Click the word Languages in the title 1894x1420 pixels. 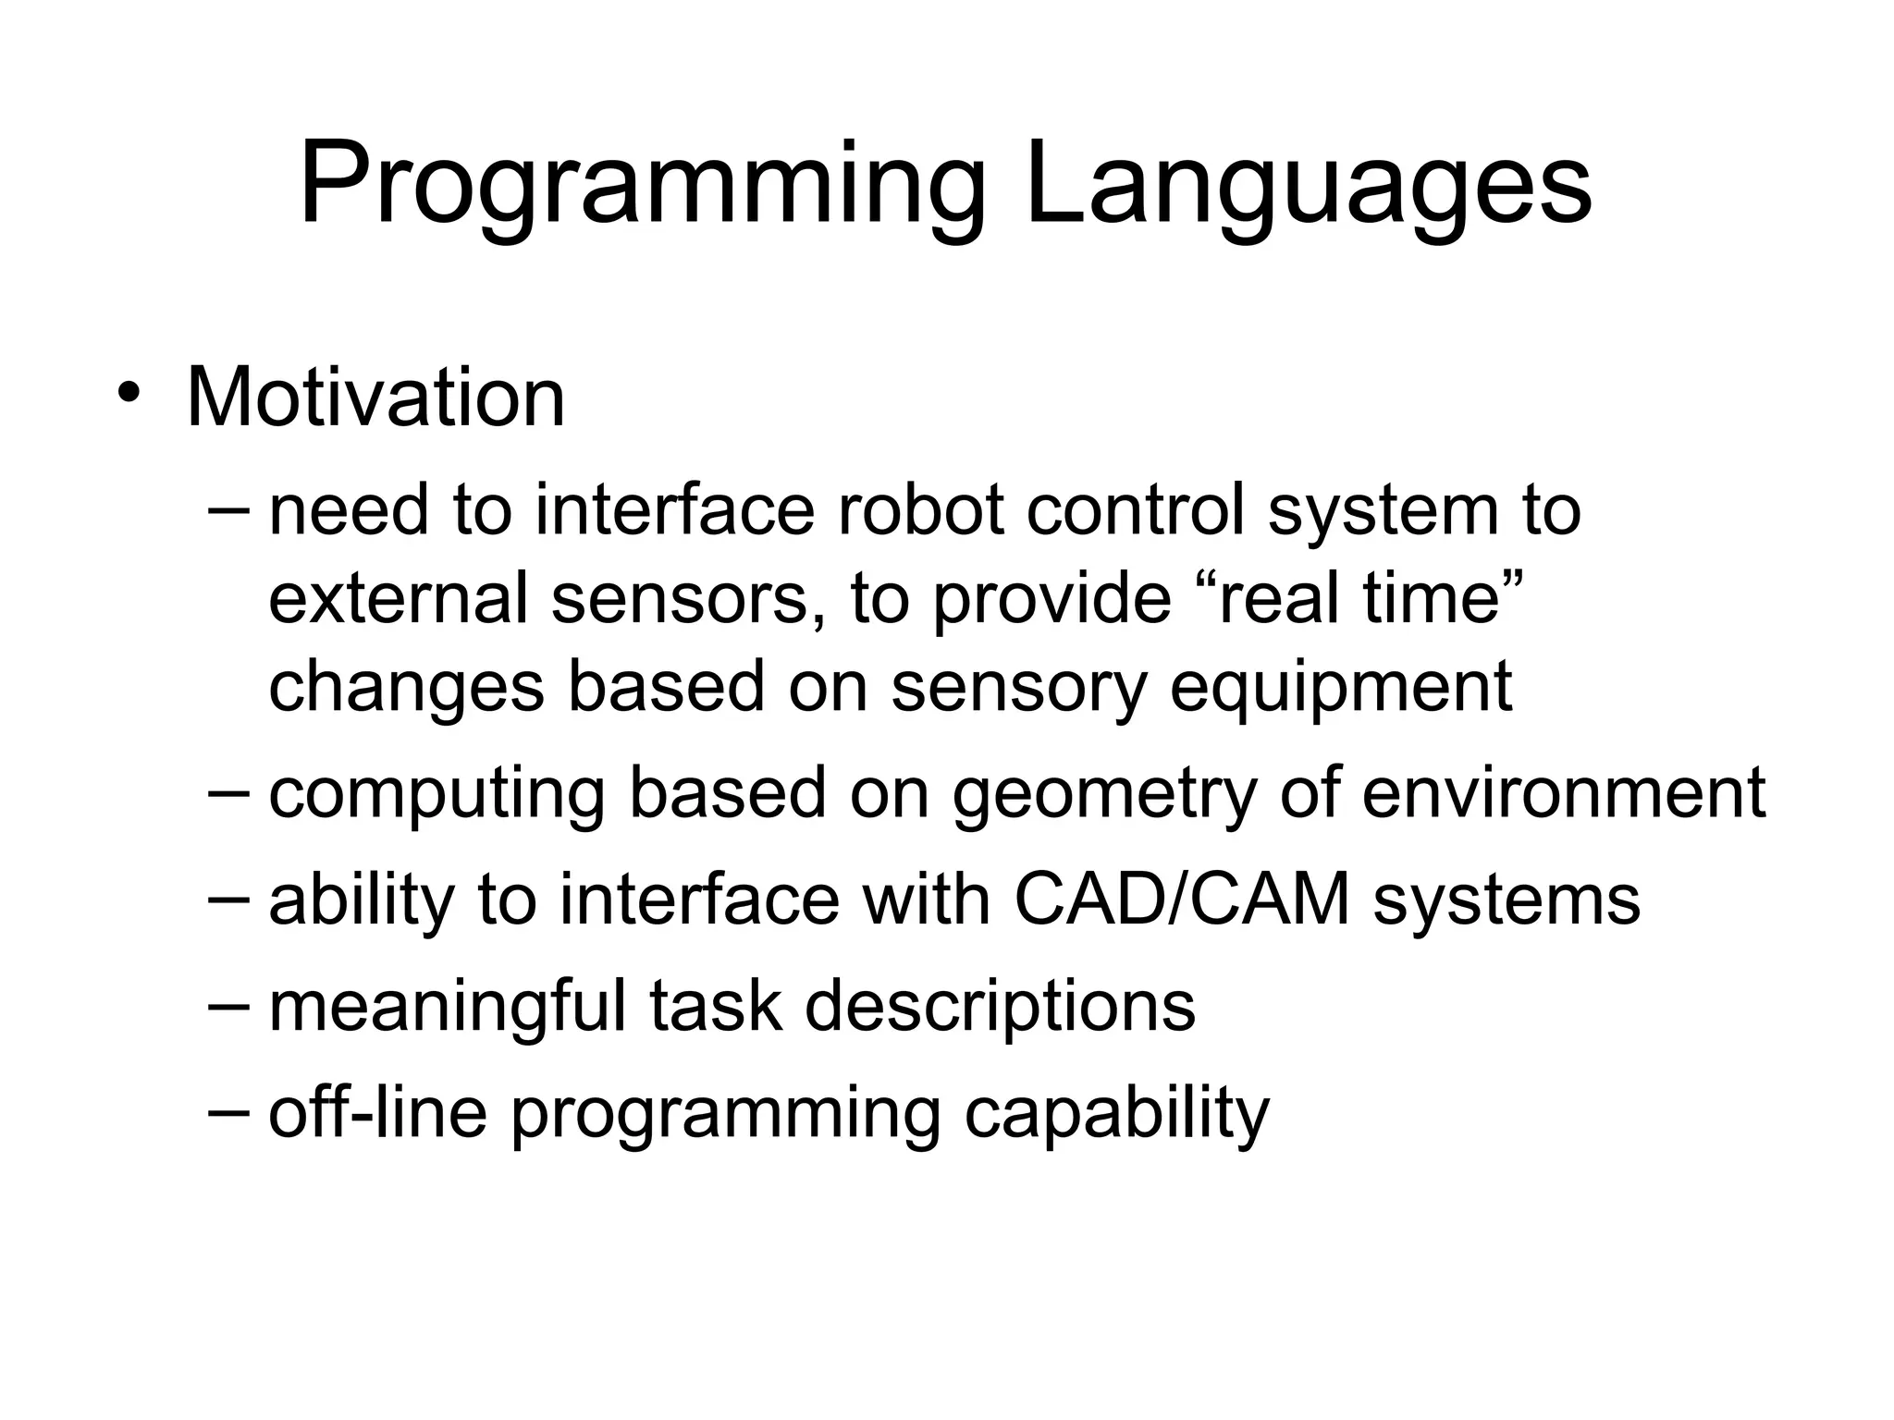(1309, 185)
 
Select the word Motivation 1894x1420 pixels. (375, 398)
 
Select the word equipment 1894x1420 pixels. (1340, 687)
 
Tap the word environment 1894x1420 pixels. (1564, 793)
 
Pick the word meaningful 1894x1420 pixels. (448, 1007)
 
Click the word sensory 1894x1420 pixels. (1018, 687)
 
